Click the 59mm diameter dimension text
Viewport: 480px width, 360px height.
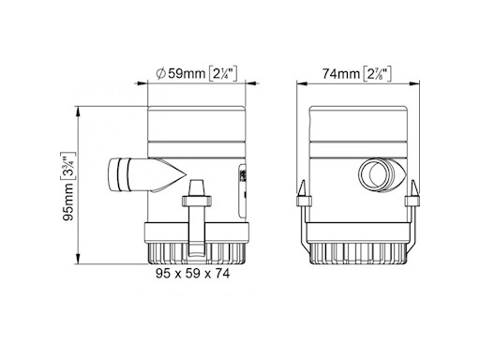click(x=187, y=74)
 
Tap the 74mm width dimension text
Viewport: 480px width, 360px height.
click(x=341, y=74)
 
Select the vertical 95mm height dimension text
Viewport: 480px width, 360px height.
click(x=68, y=202)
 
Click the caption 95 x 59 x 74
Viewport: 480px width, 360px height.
click(x=193, y=274)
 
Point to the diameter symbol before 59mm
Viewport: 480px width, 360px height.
click(x=161, y=74)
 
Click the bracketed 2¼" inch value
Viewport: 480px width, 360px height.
click(x=222, y=74)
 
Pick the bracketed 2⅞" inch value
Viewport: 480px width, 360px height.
click(x=378, y=74)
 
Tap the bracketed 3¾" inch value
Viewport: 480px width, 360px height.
click(x=67, y=167)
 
